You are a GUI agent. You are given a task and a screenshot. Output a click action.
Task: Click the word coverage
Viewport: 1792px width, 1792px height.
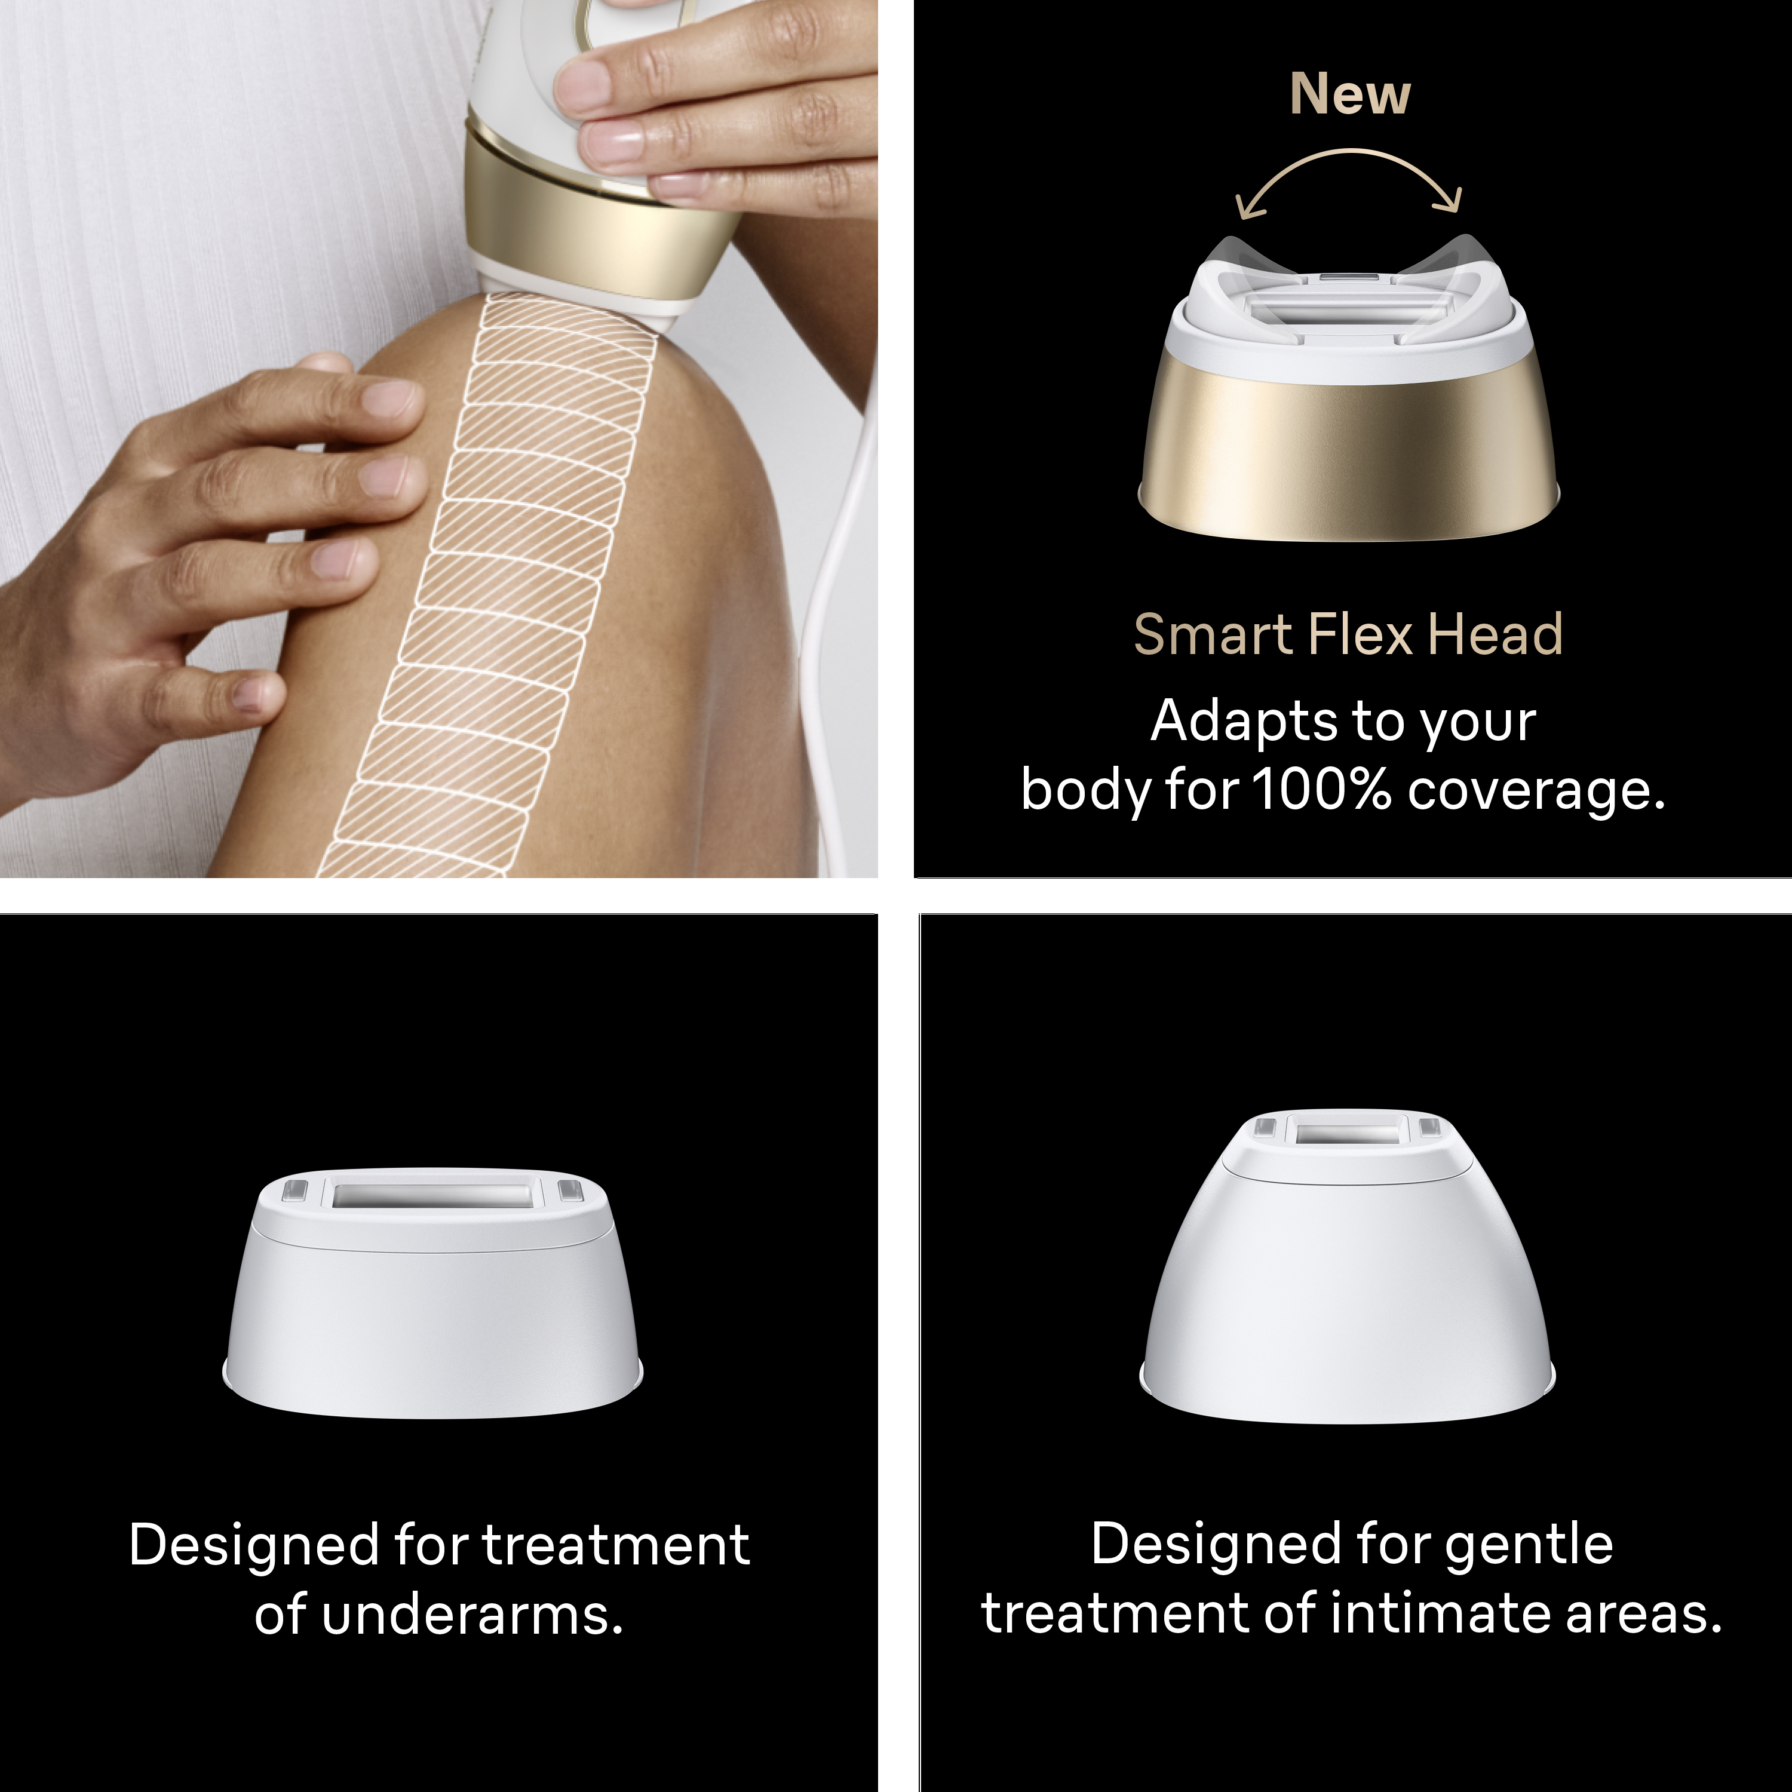[1536, 792]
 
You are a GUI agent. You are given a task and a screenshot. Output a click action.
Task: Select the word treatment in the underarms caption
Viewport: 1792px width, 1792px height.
[615, 1547]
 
